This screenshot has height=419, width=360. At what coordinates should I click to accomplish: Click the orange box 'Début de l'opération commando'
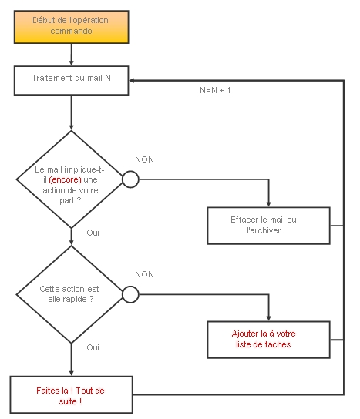click(72, 27)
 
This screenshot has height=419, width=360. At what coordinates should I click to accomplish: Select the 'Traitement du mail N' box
click(72, 80)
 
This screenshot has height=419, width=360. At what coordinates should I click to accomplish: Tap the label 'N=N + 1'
click(215, 90)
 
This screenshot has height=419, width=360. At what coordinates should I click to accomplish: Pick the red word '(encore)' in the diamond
click(65, 179)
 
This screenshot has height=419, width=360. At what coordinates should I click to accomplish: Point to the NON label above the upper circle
click(144, 159)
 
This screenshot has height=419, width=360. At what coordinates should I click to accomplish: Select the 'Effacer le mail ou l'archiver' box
click(268, 226)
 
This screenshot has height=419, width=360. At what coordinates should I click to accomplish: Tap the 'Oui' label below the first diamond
click(93, 233)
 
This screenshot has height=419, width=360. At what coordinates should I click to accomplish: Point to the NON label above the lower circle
click(144, 274)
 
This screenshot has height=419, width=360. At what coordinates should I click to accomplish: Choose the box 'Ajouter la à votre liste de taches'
click(268, 340)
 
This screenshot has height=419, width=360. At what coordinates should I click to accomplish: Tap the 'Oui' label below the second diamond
click(93, 347)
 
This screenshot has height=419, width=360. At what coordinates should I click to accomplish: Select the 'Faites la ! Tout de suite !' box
click(72, 394)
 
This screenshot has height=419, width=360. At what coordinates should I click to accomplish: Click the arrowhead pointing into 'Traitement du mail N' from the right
click(132, 80)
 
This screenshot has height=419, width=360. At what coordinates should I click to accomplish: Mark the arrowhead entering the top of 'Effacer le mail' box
click(268, 204)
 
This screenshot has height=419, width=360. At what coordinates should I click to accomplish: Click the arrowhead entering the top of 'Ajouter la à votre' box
click(268, 318)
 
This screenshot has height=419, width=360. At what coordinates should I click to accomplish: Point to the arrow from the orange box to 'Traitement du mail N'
click(72, 55)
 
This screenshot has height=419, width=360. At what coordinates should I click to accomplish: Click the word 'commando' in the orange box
click(72, 31)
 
